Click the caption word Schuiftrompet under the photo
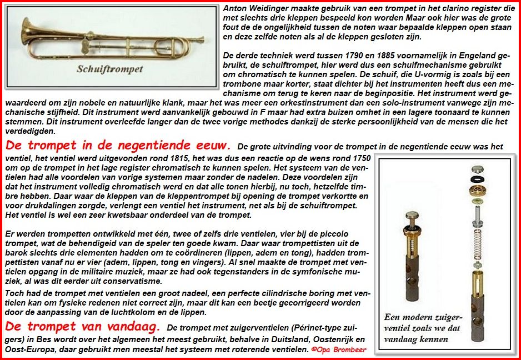coord(109,69)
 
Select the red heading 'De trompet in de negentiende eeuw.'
coord(118,146)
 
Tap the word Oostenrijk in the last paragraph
coord(331,339)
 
